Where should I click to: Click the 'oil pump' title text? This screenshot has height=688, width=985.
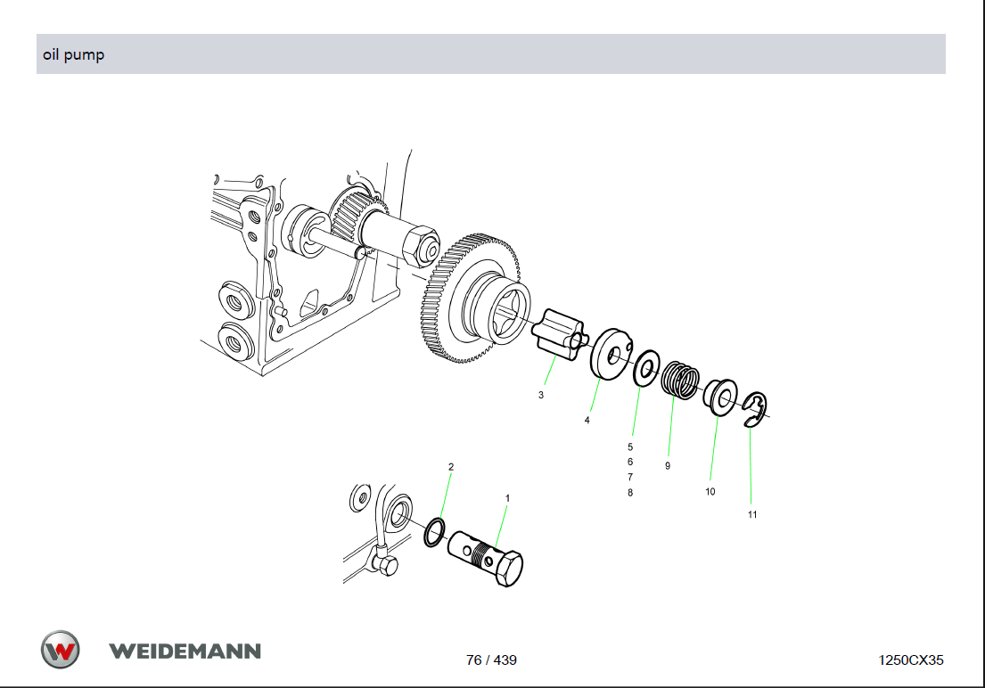pos(73,54)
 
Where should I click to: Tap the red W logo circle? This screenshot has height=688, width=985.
pos(61,650)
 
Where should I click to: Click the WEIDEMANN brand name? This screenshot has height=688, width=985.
pos(185,651)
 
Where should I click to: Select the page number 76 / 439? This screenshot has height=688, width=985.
pos(491,659)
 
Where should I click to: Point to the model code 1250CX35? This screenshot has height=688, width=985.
pos(910,659)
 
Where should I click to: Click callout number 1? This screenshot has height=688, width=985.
pos(507,498)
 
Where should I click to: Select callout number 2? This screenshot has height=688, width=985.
pos(451,467)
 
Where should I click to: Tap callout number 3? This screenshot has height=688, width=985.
pos(541,395)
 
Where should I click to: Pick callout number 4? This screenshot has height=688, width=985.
pos(587,421)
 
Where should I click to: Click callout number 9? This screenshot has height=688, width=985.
pos(668,466)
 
